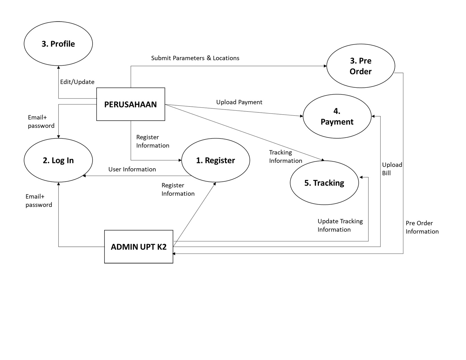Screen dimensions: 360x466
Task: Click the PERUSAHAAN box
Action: tap(130, 104)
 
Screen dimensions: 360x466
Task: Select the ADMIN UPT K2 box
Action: tap(138, 246)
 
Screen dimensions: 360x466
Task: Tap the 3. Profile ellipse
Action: tap(58, 44)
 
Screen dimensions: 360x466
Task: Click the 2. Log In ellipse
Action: tap(58, 160)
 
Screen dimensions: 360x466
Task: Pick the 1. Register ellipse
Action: tap(215, 160)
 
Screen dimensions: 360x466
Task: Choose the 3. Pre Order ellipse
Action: tap(361, 66)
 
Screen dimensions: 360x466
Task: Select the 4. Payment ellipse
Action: tap(337, 116)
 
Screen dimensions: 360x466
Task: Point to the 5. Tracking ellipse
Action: tap(324, 183)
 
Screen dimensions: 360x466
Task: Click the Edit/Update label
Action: tap(77, 82)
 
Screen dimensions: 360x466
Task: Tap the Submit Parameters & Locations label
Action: tap(195, 58)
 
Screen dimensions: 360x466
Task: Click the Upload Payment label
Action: tap(239, 102)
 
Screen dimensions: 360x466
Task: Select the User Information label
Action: tap(132, 169)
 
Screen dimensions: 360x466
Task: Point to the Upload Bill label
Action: tap(392, 169)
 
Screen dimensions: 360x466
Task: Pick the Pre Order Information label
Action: tap(422, 227)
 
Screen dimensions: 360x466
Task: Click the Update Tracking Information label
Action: tap(340, 225)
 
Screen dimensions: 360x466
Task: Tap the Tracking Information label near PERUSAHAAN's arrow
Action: tap(286, 156)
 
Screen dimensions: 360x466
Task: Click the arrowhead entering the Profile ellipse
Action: tap(58, 67)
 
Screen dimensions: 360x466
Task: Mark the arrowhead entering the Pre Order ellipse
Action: tap(325, 66)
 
